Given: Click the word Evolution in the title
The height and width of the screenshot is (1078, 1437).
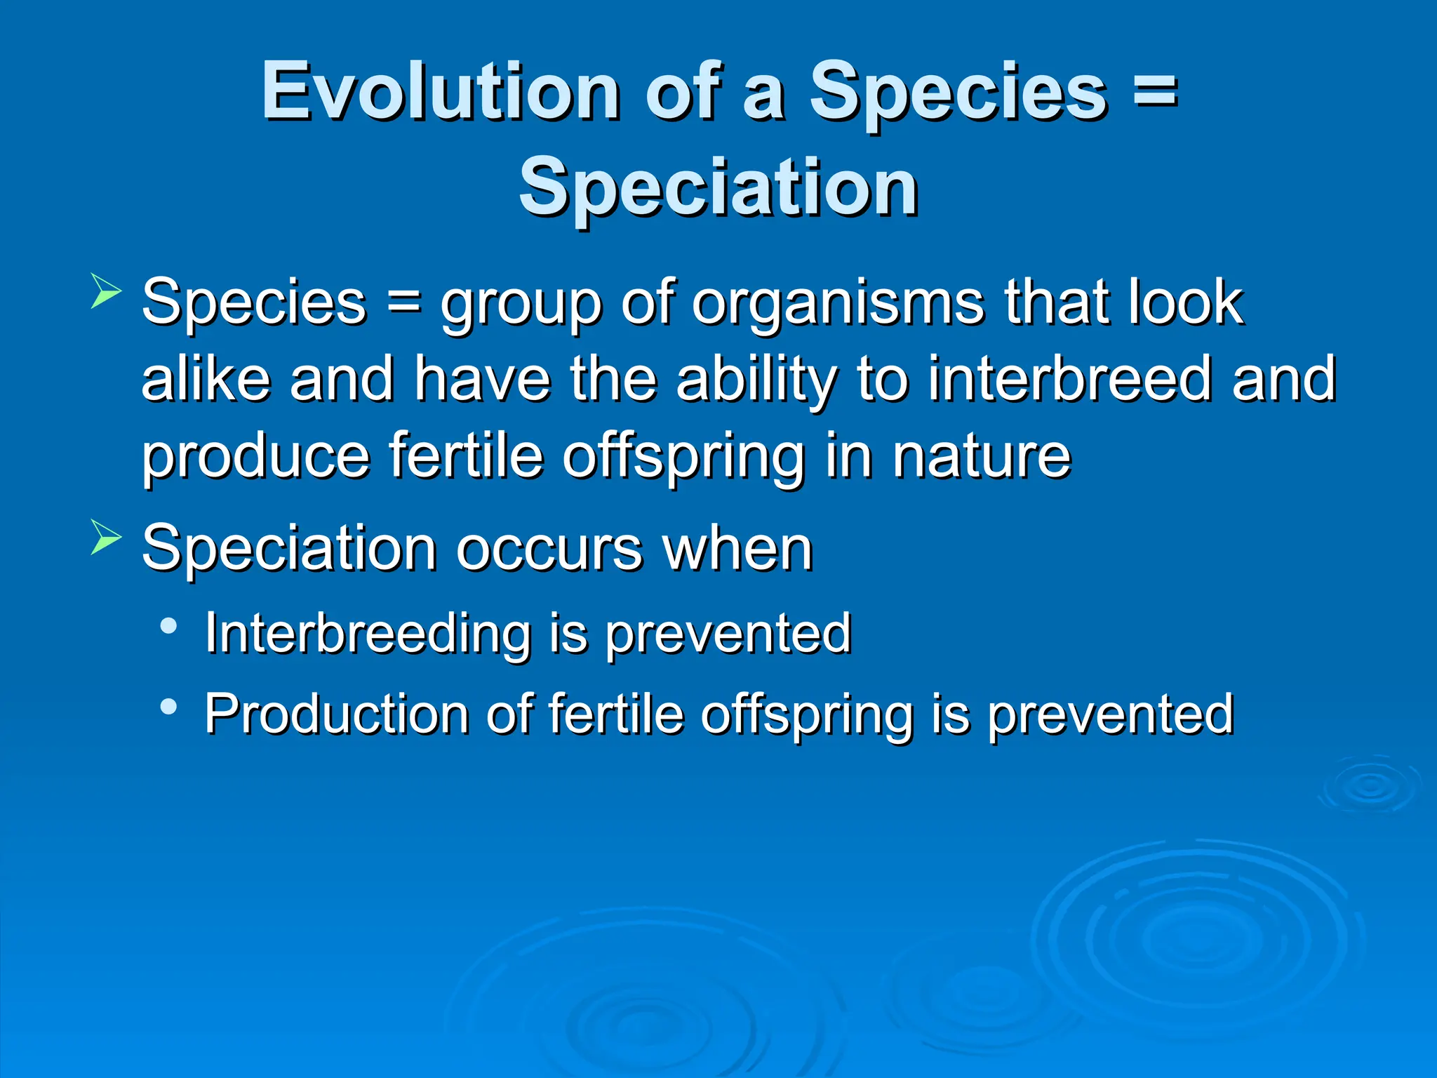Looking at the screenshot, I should point(440,91).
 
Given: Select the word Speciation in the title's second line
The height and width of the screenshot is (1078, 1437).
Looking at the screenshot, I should point(718,187).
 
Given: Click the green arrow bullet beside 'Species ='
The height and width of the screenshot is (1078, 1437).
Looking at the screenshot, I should point(106,292).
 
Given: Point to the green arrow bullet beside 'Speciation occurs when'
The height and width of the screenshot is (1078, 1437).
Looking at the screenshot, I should point(106,538).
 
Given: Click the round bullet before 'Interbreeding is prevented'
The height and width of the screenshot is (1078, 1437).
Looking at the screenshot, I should point(168,625).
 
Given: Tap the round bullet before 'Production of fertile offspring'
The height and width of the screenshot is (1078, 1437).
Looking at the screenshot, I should point(168,706).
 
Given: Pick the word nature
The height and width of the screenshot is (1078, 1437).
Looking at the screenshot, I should point(982,456).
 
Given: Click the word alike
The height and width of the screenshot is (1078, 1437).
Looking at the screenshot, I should point(206,379).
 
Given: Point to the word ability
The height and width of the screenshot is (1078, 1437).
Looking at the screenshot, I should point(756,379).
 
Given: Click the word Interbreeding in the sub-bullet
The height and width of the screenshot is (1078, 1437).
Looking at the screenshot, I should point(367,634).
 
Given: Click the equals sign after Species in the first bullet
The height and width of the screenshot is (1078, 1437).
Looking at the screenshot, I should point(403,303).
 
